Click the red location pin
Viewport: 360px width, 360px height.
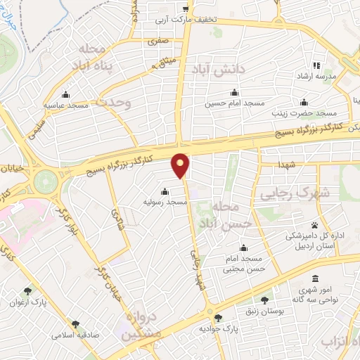pyautogui.click(x=181, y=165)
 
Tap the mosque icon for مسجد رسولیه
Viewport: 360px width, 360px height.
pyautogui.click(x=165, y=191)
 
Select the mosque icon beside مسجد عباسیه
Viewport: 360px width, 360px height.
pyautogui.click(x=66, y=95)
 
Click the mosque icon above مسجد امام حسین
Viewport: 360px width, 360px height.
pyautogui.click(x=233, y=93)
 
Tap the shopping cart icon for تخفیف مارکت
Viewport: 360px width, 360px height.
pyautogui.click(x=186, y=9)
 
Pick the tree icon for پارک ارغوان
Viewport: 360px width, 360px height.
pyautogui.click(x=27, y=290)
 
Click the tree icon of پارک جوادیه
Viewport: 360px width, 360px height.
pyautogui.click(x=218, y=318)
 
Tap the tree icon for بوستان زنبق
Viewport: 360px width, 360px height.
pyautogui.click(x=265, y=300)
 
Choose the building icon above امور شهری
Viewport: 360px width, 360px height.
pyautogui.click(x=314, y=278)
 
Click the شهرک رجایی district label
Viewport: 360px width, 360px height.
pyautogui.click(x=285, y=193)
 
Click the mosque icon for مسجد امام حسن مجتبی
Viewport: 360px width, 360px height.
pyautogui.click(x=243, y=247)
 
